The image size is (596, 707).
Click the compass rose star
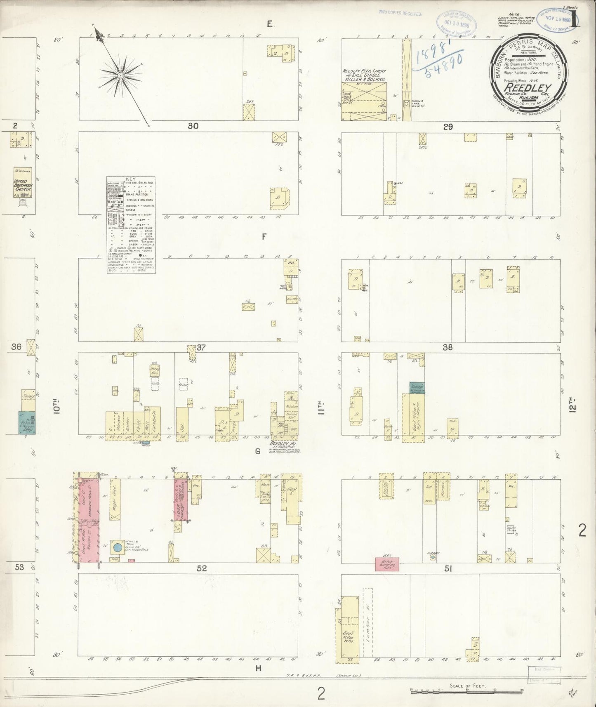click(120, 76)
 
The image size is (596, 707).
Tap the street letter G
click(257, 451)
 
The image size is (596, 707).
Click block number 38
click(448, 347)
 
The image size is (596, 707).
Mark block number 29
click(448, 127)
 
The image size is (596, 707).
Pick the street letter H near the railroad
click(258, 669)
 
